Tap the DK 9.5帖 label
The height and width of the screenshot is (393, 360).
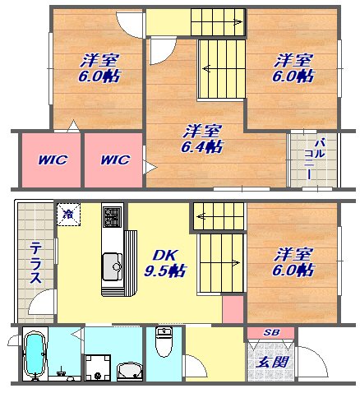[165, 263]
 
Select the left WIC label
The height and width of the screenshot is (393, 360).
[53, 160]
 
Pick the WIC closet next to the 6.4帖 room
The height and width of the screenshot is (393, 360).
[113, 160]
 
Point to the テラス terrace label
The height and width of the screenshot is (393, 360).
[35, 262]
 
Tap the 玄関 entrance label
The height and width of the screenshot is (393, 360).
[272, 363]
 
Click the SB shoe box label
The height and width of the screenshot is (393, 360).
[271, 332]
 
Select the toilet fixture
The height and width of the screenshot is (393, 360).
[164, 342]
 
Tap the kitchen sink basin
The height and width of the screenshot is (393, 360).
[113, 266]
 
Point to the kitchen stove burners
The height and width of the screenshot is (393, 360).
[113, 217]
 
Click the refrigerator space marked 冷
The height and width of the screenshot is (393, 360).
[68, 214]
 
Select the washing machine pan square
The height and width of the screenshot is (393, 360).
[98, 368]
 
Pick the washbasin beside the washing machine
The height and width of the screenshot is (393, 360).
[130, 372]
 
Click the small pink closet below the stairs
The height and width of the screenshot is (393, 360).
[233, 309]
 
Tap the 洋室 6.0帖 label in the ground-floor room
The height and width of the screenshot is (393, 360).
[293, 262]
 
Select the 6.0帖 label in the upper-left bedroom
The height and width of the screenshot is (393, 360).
[99, 76]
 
